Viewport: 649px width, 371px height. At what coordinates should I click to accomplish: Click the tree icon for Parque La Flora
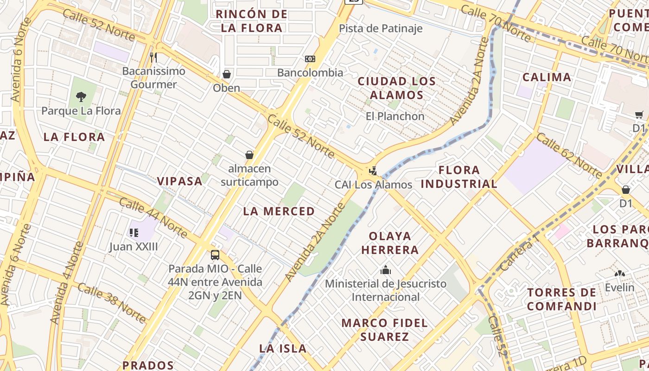point(81,97)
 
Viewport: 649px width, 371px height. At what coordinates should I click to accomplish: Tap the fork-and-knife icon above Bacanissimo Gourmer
point(153,58)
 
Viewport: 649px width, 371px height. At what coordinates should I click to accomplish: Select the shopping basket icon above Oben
point(227,74)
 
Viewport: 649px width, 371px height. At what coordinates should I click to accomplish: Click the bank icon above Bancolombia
point(310,59)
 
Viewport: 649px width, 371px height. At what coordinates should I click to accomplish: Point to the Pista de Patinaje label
point(381,28)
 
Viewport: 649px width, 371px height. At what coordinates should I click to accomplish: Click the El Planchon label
point(395,116)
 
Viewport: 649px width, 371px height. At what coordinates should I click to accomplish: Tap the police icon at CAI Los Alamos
point(373,171)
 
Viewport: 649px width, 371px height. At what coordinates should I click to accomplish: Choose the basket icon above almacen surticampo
point(249,155)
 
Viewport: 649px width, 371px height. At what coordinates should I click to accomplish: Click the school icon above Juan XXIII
point(134,233)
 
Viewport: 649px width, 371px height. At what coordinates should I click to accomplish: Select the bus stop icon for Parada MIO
point(215,255)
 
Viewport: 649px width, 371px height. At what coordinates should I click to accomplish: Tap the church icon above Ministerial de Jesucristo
point(386,270)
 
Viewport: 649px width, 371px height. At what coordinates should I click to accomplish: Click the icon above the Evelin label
point(619,274)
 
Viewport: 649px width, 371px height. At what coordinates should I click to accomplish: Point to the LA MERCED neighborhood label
point(279,211)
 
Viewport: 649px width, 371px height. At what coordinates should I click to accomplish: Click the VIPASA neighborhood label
point(179,181)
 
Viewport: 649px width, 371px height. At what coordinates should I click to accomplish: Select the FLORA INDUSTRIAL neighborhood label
point(459,177)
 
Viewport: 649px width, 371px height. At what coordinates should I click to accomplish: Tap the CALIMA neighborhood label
point(547,77)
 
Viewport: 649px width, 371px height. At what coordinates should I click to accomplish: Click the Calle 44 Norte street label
point(153,217)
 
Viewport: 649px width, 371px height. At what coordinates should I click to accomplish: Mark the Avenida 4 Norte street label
point(68,283)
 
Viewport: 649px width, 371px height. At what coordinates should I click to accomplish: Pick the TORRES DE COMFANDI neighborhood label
point(561,299)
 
